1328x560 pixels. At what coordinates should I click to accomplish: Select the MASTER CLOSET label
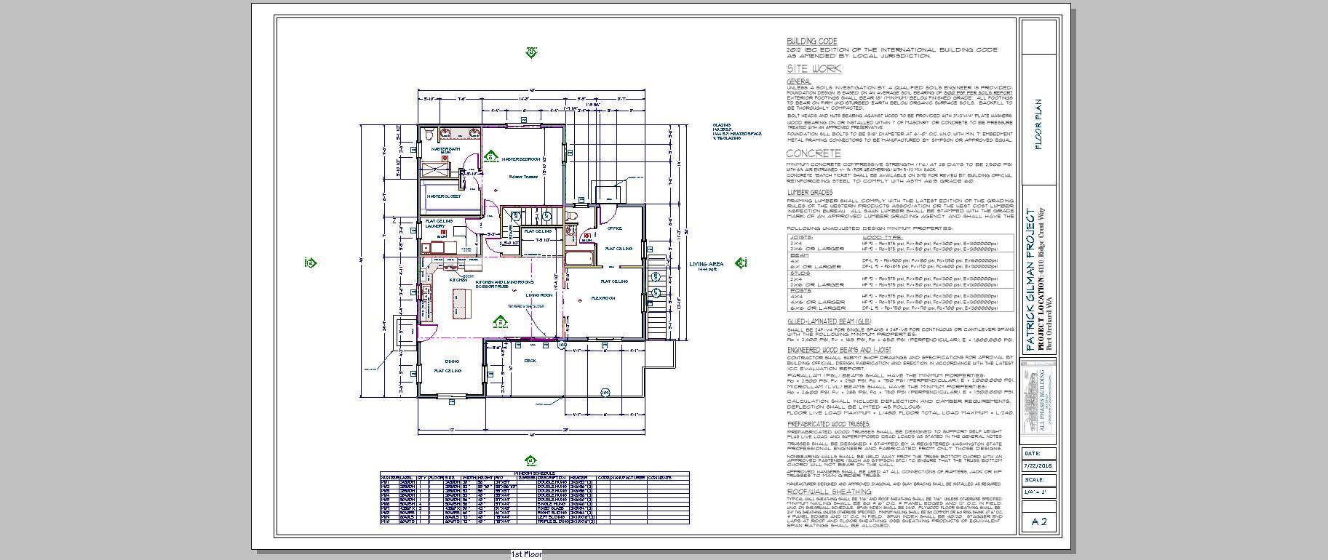click(x=442, y=196)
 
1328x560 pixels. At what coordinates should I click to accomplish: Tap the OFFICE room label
click(x=615, y=228)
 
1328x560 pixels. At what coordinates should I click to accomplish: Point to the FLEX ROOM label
click(x=604, y=297)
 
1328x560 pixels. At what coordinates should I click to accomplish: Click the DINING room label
click(x=452, y=361)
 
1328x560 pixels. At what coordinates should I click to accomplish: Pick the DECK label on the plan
click(x=530, y=360)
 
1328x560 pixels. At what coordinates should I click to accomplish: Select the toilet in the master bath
click(x=430, y=134)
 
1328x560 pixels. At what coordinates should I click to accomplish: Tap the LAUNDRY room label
click(x=435, y=226)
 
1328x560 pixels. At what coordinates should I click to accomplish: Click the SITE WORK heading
click(x=814, y=69)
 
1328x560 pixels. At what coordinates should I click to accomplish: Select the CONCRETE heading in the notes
click(x=813, y=153)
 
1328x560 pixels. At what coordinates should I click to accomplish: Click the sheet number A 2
click(x=1039, y=521)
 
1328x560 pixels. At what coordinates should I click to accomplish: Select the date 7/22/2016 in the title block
click(x=1038, y=465)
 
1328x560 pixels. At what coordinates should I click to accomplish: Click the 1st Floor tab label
click(x=526, y=555)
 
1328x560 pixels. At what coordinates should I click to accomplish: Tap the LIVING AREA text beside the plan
click(x=706, y=263)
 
